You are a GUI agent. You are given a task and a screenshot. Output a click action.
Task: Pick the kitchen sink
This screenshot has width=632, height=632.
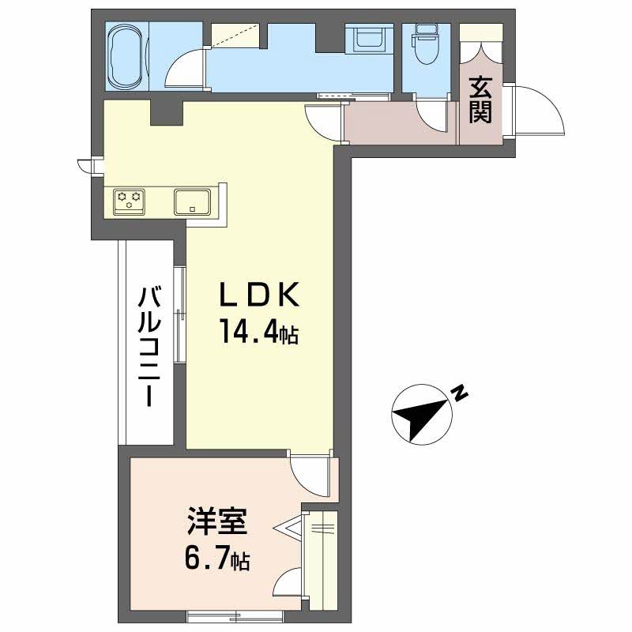(x=192, y=201)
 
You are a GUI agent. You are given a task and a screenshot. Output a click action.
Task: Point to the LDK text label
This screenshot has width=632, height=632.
(x=259, y=296)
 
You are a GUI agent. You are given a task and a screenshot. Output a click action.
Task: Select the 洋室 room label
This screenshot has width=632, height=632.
(x=217, y=525)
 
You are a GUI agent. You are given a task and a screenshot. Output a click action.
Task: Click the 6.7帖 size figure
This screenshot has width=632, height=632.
(x=217, y=560)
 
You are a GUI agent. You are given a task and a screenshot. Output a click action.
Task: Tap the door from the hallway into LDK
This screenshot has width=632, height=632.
(x=324, y=122)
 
